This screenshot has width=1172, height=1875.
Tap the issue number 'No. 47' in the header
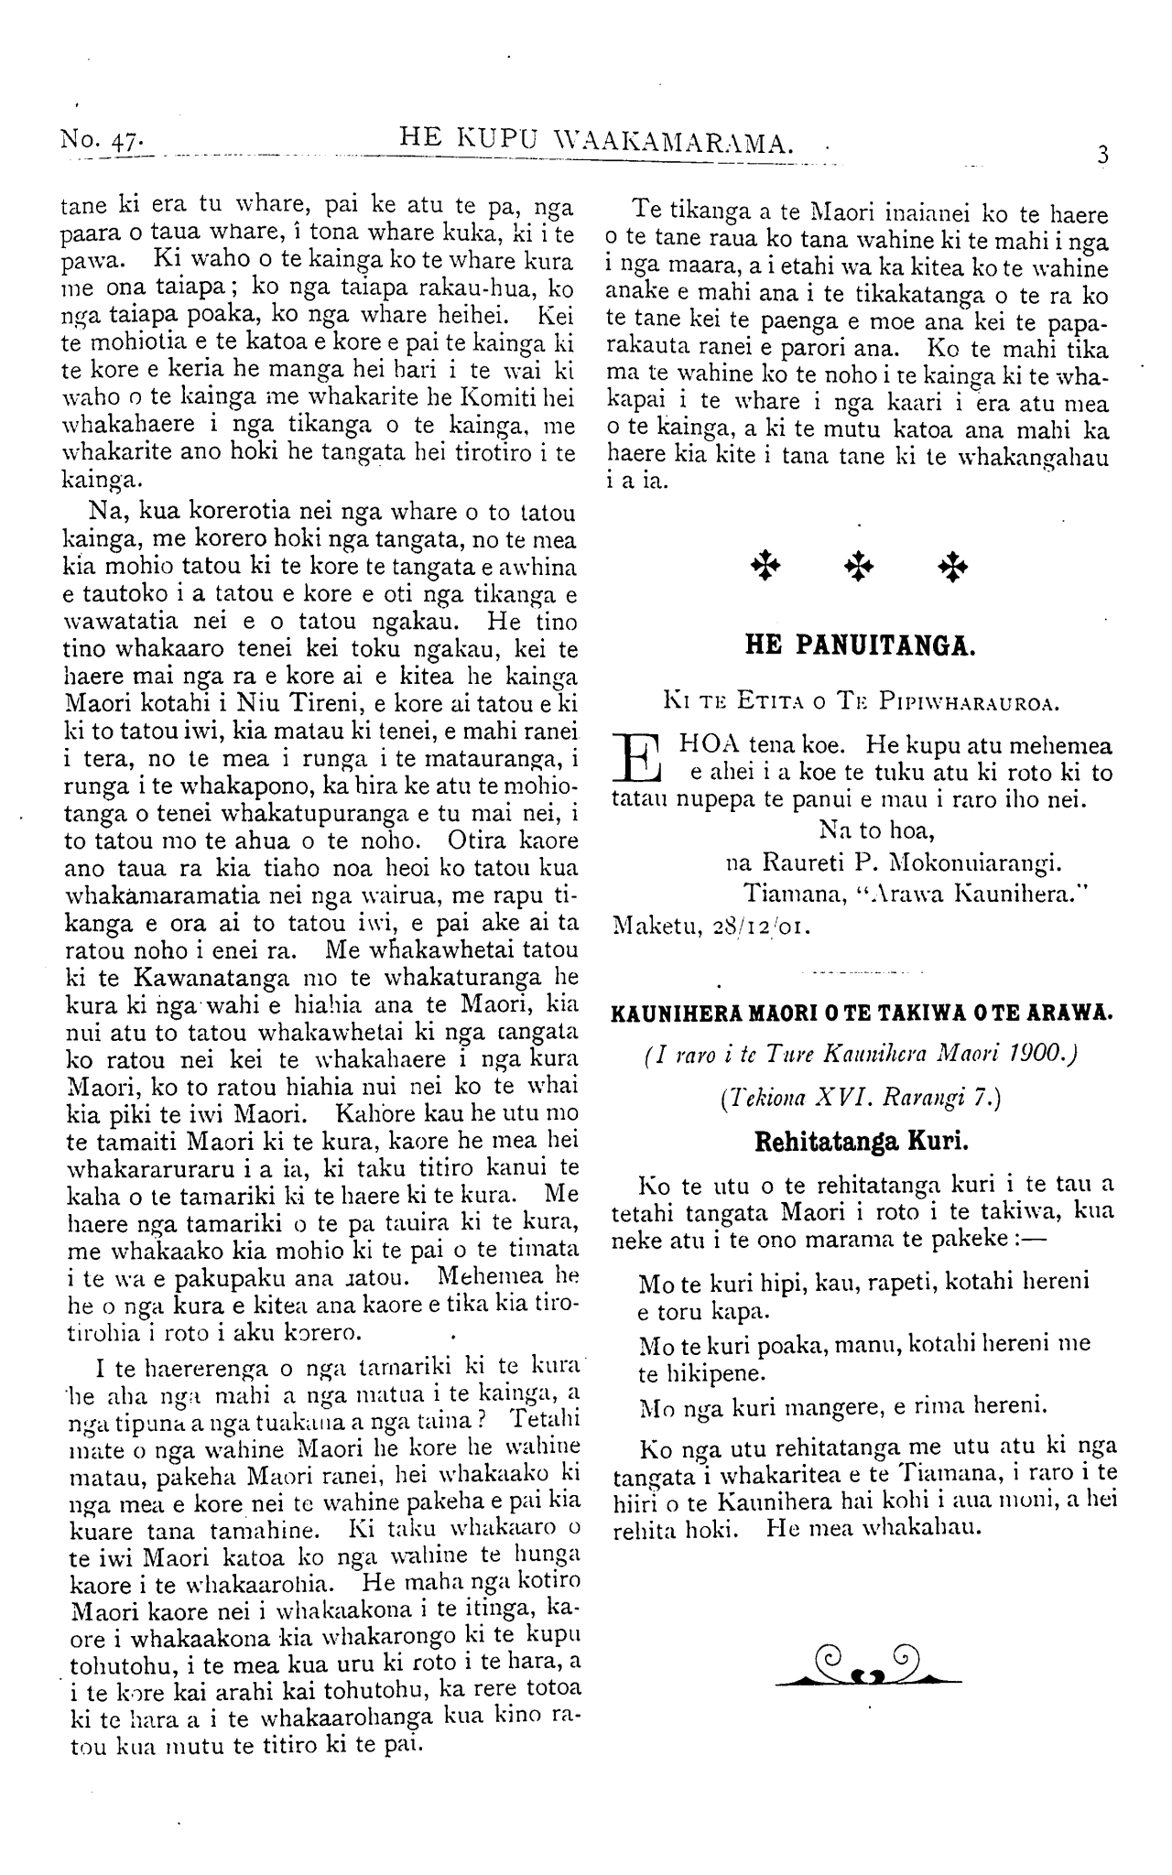tap(99, 140)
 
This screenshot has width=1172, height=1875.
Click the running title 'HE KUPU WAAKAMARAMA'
tap(597, 140)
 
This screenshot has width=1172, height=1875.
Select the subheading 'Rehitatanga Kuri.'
tap(861, 1141)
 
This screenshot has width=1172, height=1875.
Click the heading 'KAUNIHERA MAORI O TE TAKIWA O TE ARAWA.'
tap(861, 1013)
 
